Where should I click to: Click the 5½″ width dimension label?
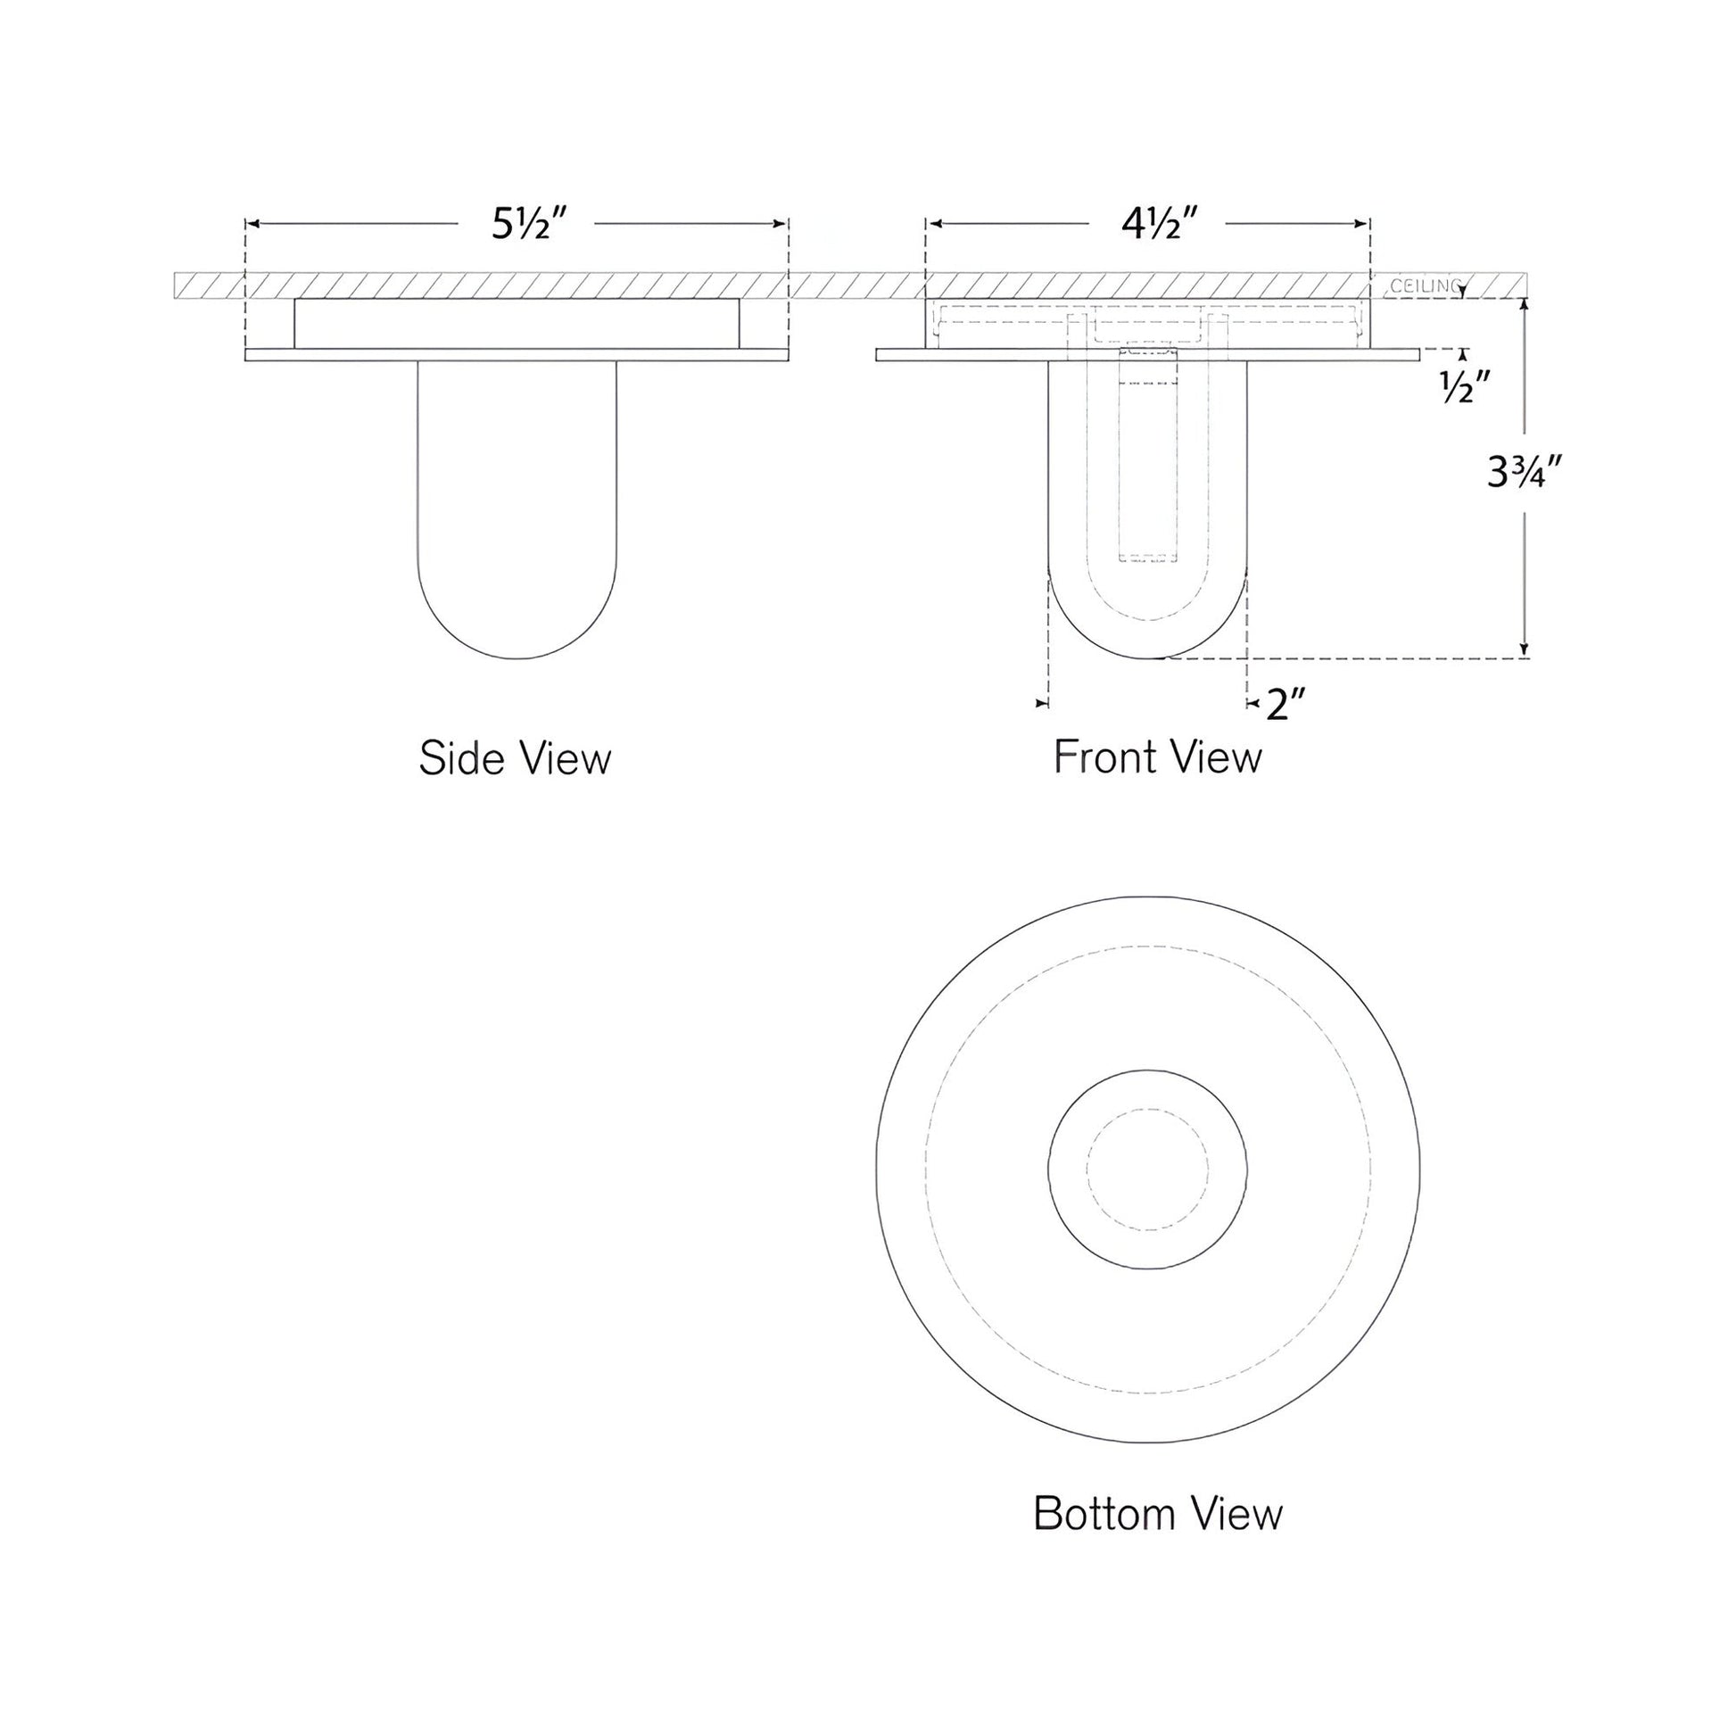coord(528,223)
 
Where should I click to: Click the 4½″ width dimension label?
coord(1159,223)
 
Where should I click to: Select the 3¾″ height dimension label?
coord(1525,473)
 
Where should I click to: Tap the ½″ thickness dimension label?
coord(1466,388)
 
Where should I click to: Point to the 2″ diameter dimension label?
coord(1285,705)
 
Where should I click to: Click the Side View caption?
coord(515,758)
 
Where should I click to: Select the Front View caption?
coord(1157,756)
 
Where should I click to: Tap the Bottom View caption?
coord(1157,1514)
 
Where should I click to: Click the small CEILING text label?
coord(1425,286)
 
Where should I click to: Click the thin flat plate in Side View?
coord(517,355)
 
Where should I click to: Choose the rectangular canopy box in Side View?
coord(517,324)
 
